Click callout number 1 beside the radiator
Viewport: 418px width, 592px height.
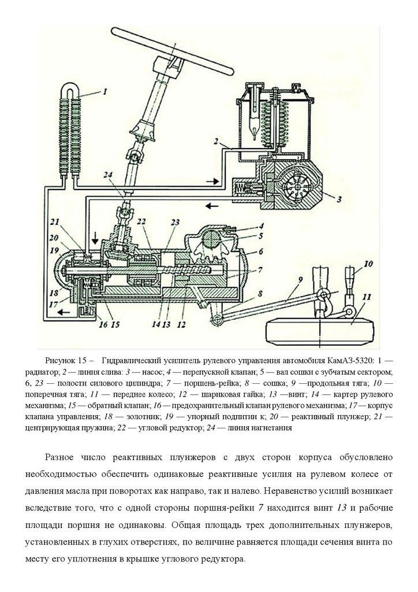[x=106, y=91]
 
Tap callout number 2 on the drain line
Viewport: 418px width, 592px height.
[x=215, y=140]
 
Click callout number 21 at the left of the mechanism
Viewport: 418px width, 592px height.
[x=55, y=222]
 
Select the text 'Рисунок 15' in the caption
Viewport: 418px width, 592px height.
[x=64, y=359]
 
